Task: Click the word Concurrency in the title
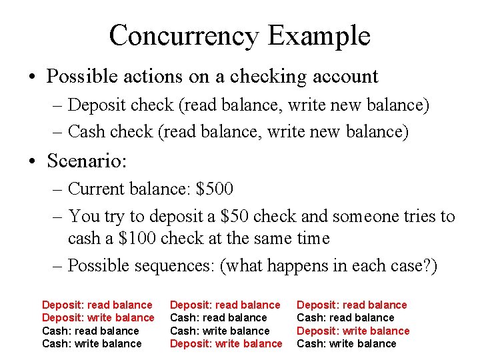point(183,35)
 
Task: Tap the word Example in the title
point(318,35)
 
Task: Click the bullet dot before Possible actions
point(32,77)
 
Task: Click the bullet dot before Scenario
point(32,161)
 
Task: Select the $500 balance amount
point(215,189)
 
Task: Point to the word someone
point(362,217)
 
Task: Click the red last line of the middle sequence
point(226,344)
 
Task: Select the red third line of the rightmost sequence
point(353,331)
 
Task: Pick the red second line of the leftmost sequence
point(98,318)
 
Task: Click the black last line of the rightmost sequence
point(346,344)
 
